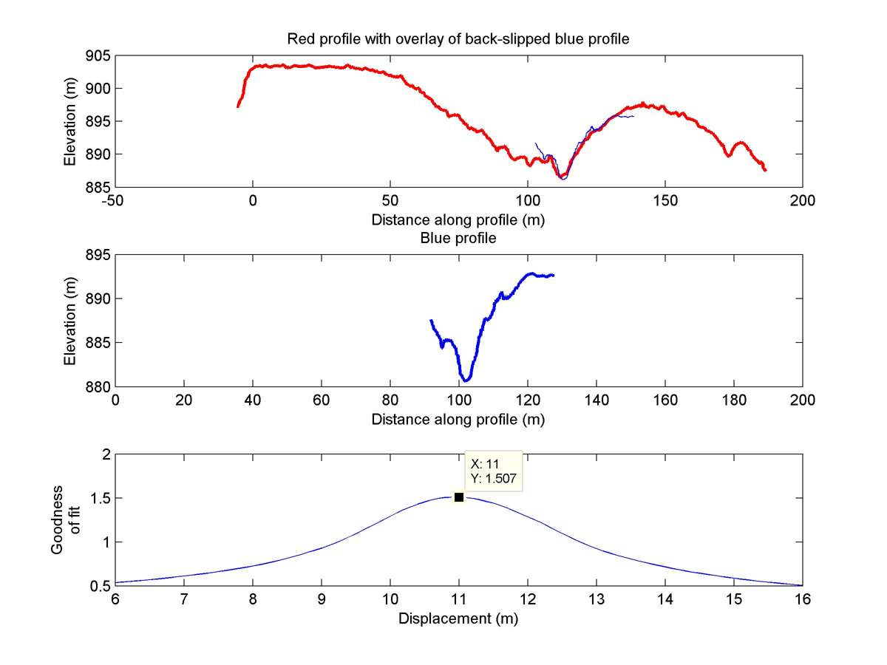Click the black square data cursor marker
point(459,497)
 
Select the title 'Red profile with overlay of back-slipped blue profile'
point(458,39)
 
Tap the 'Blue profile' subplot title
point(458,238)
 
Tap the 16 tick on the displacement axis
point(803,599)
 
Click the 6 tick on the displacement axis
point(115,599)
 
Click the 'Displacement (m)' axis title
point(458,618)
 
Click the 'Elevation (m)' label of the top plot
point(69,121)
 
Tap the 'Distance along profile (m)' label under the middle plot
point(458,419)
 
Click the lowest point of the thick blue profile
point(466,380)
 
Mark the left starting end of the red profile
point(238,106)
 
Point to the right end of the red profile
point(765,170)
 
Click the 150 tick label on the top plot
point(665,199)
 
